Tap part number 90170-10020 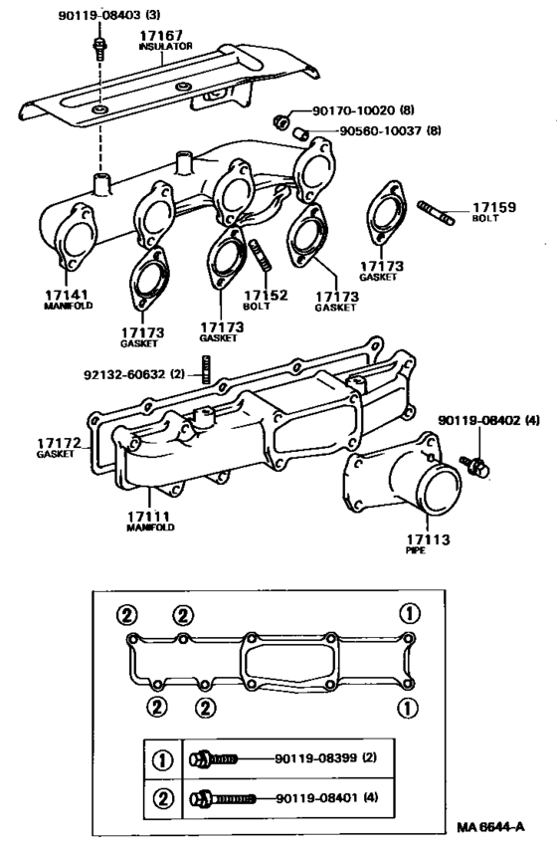click(x=353, y=112)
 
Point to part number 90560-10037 click(x=372, y=131)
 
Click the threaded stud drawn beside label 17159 click(x=439, y=212)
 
